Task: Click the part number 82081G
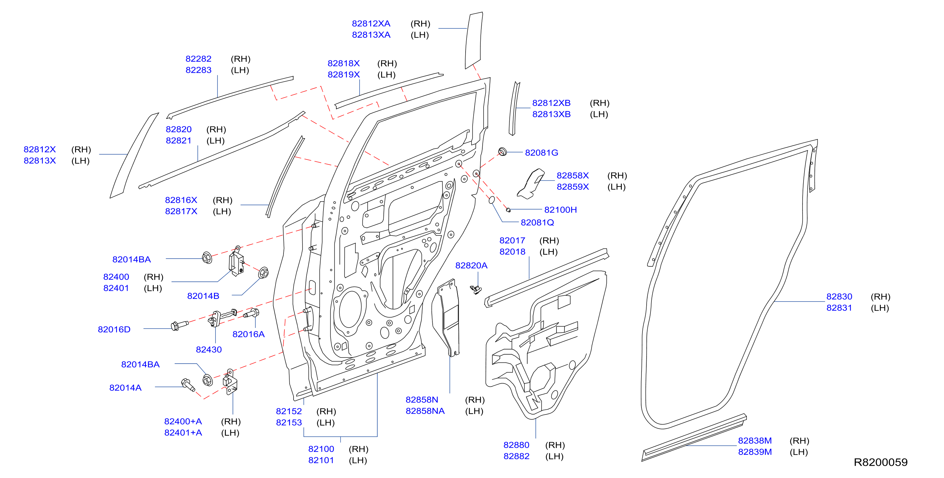pos(541,153)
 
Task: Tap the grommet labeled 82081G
pos(502,151)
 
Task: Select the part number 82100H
pos(560,210)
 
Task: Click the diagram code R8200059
pos(881,462)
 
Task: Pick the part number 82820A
pos(471,265)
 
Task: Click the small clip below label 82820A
pos(476,290)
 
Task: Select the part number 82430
pos(209,350)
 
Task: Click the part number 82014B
pos(203,296)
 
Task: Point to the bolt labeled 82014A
pos(188,384)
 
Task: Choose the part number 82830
pos(839,297)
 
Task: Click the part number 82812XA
pos(371,24)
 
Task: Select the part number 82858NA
pos(425,411)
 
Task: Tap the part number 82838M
pos(755,441)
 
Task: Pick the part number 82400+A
pos(183,422)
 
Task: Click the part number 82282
pos(198,59)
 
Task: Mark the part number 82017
pos(512,241)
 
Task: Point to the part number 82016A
pos(248,334)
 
